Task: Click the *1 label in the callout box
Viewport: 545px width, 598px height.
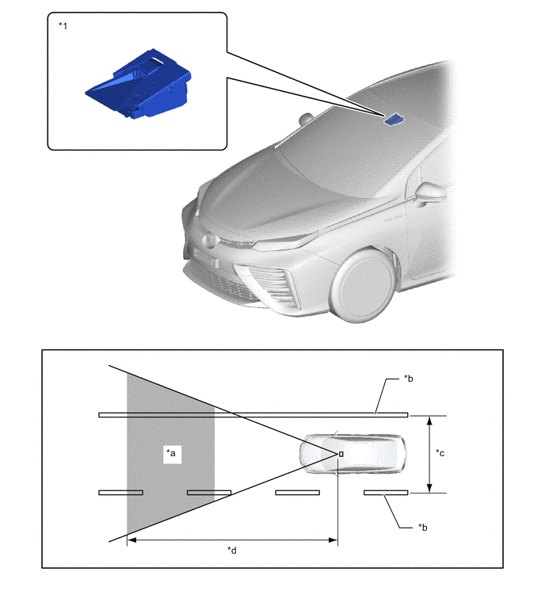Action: pos(63,25)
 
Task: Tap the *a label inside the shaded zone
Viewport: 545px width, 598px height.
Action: pos(171,453)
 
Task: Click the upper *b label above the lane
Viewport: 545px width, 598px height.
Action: pos(410,379)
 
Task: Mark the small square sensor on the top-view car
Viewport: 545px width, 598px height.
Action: pos(341,453)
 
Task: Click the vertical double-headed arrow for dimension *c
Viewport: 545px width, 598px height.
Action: pos(429,453)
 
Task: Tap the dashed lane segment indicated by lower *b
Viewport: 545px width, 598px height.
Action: pos(386,493)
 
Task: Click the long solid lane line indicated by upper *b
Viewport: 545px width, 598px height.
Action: pos(253,414)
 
